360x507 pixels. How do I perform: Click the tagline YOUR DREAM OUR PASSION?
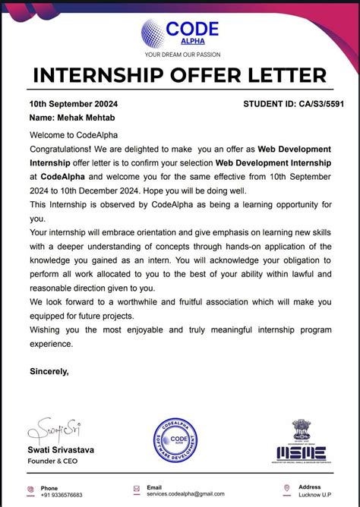(x=180, y=55)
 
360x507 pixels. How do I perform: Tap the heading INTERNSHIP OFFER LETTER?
(x=180, y=76)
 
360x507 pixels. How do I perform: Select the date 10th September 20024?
(x=73, y=103)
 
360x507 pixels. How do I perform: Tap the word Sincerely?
(x=49, y=371)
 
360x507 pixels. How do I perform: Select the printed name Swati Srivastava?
(x=62, y=450)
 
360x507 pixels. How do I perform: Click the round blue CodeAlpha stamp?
(x=177, y=440)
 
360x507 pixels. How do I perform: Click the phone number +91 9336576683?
(x=63, y=495)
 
